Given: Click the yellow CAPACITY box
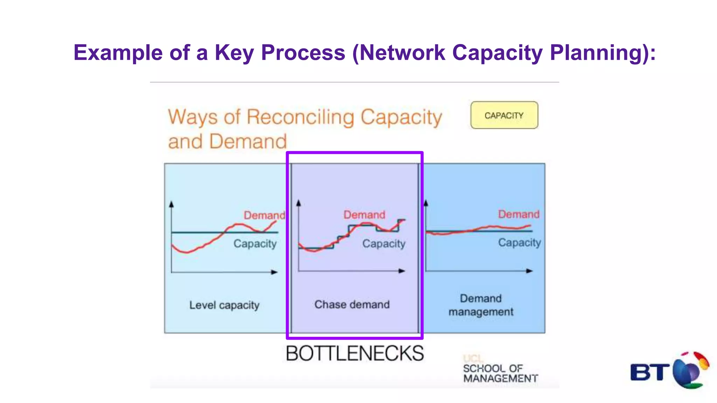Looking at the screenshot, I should [504, 115].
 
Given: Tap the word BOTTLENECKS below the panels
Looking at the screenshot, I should [355, 353].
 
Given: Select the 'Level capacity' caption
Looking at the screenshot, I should [224, 305].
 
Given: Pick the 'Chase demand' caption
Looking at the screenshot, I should [352, 304].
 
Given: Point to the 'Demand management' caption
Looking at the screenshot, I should [481, 305].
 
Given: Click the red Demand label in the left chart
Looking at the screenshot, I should [264, 215].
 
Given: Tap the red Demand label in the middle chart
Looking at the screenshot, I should [364, 215].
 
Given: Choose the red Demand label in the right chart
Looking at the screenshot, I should [518, 214].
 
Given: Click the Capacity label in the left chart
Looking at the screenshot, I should [255, 243].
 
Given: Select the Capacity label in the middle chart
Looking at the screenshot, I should [384, 243].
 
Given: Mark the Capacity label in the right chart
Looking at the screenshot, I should [519, 242].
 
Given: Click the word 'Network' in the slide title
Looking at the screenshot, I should [402, 52].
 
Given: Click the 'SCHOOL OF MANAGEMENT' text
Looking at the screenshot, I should [500, 373].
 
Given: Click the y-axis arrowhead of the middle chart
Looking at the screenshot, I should [299, 203].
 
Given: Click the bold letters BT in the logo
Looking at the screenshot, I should [649, 372].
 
